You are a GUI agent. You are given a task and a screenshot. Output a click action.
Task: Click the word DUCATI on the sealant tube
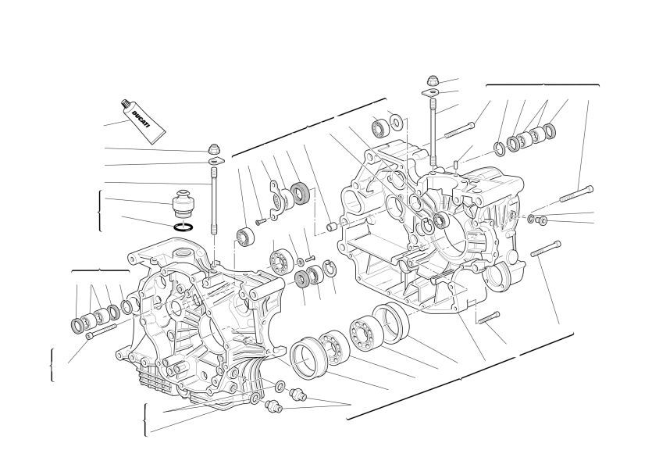click(141, 119)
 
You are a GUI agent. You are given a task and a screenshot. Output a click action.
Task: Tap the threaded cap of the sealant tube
click(125, 104)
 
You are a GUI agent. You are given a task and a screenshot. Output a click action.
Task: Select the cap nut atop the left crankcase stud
click(214, 149)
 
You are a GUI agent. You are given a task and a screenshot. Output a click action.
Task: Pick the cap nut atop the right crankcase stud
click(433, 80)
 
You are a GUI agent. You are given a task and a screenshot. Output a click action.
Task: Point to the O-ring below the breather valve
click(183, 227)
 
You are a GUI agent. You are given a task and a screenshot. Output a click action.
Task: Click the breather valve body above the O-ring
click(183, 203)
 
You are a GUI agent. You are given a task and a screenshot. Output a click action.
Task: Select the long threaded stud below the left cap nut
click(215, 201)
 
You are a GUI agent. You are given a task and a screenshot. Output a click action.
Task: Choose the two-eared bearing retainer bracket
click(277, 199)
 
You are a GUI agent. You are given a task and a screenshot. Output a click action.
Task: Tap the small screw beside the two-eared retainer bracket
click(261, 222)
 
